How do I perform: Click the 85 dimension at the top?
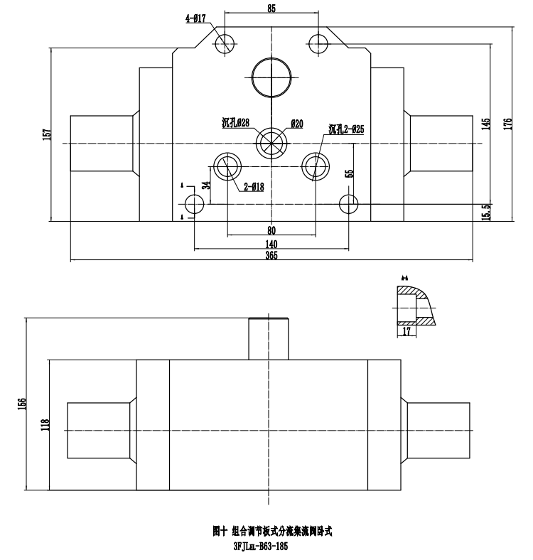click(x=271, y=9)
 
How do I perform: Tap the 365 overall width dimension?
click(x=271, y=256)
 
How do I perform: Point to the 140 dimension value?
click(x=271, y=243)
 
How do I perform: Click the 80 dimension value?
click(x=271, y=230)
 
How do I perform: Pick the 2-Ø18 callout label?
click(x=253, y=188)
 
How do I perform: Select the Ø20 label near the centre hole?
click(x=297, y=124)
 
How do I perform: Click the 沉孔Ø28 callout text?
click(x=235, y=123)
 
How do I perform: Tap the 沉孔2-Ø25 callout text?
click(x=346, y=129)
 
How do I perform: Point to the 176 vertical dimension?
click(x=507, y=123)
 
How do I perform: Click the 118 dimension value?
click(x=45, y=426)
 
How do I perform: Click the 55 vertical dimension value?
click(x=349, y=173)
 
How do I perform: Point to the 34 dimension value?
click(x=205, y=185)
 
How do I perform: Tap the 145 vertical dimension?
click(x=486, y=123)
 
